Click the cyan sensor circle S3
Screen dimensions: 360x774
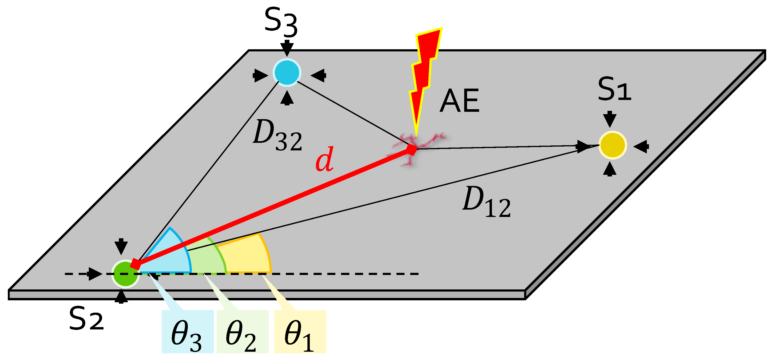[x=287, y=72]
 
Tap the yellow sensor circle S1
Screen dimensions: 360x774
[x=612, y=145]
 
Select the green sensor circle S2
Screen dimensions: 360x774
[x=125, y=274]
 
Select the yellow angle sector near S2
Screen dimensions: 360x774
[x=246, y=255]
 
